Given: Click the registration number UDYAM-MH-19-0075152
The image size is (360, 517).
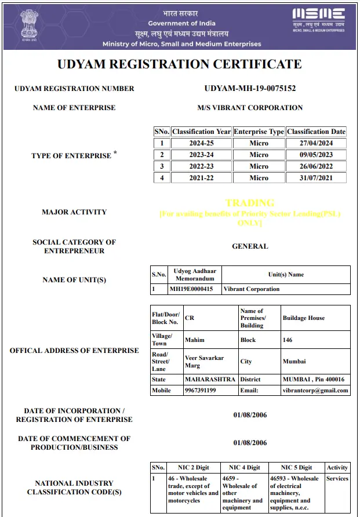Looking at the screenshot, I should (250, 89).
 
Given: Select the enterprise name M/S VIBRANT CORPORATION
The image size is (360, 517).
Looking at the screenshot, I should (250, 108).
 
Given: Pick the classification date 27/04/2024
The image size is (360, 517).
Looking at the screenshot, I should (316, 143).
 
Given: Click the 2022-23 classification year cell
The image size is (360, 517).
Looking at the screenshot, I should (201, 166).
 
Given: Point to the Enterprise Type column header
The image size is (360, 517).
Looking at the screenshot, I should (259, 132).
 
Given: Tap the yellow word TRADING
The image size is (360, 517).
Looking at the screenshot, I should (250, 203).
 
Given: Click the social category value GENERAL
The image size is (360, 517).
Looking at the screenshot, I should (250, 246).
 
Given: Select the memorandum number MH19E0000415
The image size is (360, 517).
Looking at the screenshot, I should (191, 289).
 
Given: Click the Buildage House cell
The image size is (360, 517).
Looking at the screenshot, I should (304, 318).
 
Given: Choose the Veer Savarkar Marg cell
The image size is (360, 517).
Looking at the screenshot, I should (200, 361).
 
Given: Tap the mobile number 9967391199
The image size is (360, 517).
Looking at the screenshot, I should (200, 391).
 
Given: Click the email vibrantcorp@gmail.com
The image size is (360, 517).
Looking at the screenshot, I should (316, 391).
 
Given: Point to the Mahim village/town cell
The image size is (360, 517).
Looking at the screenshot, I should (195, 340).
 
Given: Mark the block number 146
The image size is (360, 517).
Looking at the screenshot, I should (288, 340).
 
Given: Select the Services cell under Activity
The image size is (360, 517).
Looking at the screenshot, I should (337, 479).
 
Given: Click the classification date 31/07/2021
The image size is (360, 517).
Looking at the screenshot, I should (316, 178).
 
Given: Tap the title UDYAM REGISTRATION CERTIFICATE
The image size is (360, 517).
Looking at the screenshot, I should (180, 64).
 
